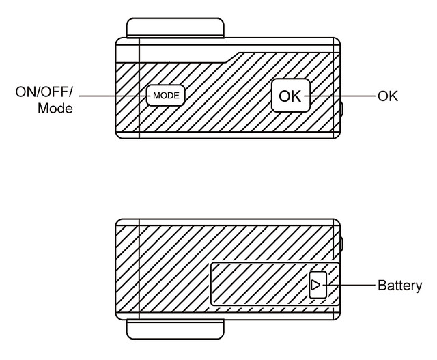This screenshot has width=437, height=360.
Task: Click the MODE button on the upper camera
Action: click(165, 96)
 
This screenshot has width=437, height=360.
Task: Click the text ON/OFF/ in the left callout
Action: click(44, 92)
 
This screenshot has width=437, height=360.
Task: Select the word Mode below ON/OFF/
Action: click(55, 108)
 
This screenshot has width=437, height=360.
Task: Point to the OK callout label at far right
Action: click(387, 96)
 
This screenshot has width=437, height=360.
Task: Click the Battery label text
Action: click(399, 286)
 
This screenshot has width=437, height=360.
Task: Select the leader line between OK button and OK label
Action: click(341, 96)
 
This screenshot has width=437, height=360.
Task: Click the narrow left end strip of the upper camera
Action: click(127, 89)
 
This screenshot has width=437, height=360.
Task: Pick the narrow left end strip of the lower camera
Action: click(127, 270)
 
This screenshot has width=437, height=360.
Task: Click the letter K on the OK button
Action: click(297, 96)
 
